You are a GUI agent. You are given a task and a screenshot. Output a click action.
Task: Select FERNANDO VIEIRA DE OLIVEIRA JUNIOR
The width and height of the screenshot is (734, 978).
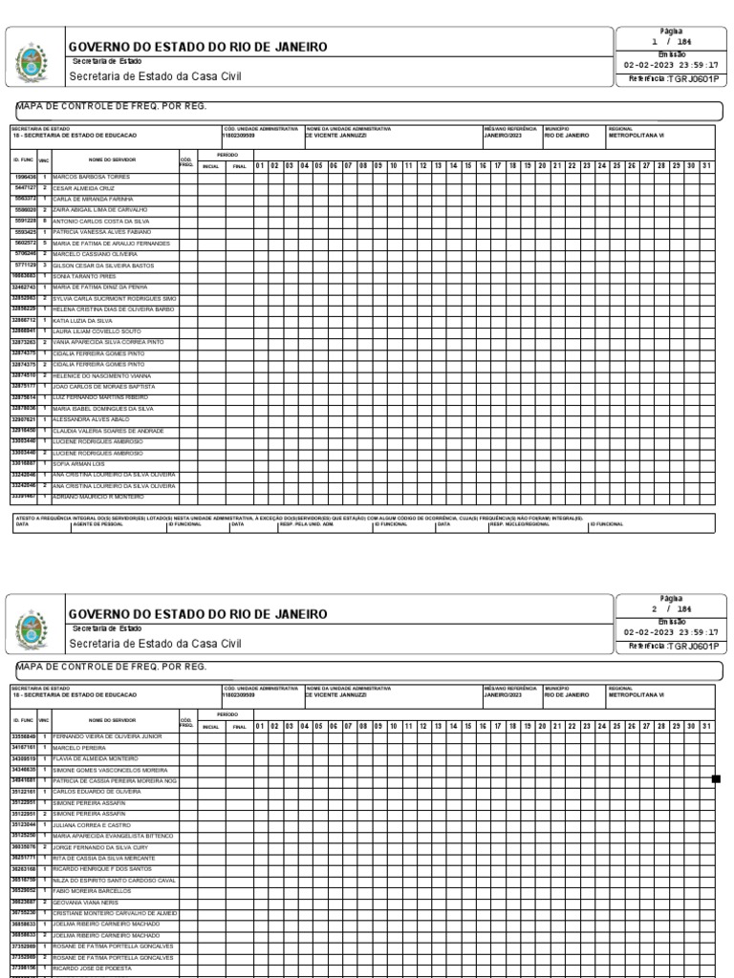click(x=108, y=737)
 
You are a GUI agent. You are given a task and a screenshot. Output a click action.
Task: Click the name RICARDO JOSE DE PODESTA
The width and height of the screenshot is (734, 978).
click(x=92, y=967)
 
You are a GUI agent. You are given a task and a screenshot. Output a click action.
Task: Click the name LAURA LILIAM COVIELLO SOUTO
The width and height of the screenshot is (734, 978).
click(x=97, y=331)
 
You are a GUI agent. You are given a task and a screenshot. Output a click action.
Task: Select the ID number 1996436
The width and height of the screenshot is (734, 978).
click(x=25, y=178)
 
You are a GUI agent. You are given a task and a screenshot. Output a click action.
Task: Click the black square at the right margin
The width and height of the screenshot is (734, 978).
click(x=716, y=779)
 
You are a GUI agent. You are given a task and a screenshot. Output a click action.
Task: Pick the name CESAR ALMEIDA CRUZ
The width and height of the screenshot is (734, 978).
click(x=83, y=189)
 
